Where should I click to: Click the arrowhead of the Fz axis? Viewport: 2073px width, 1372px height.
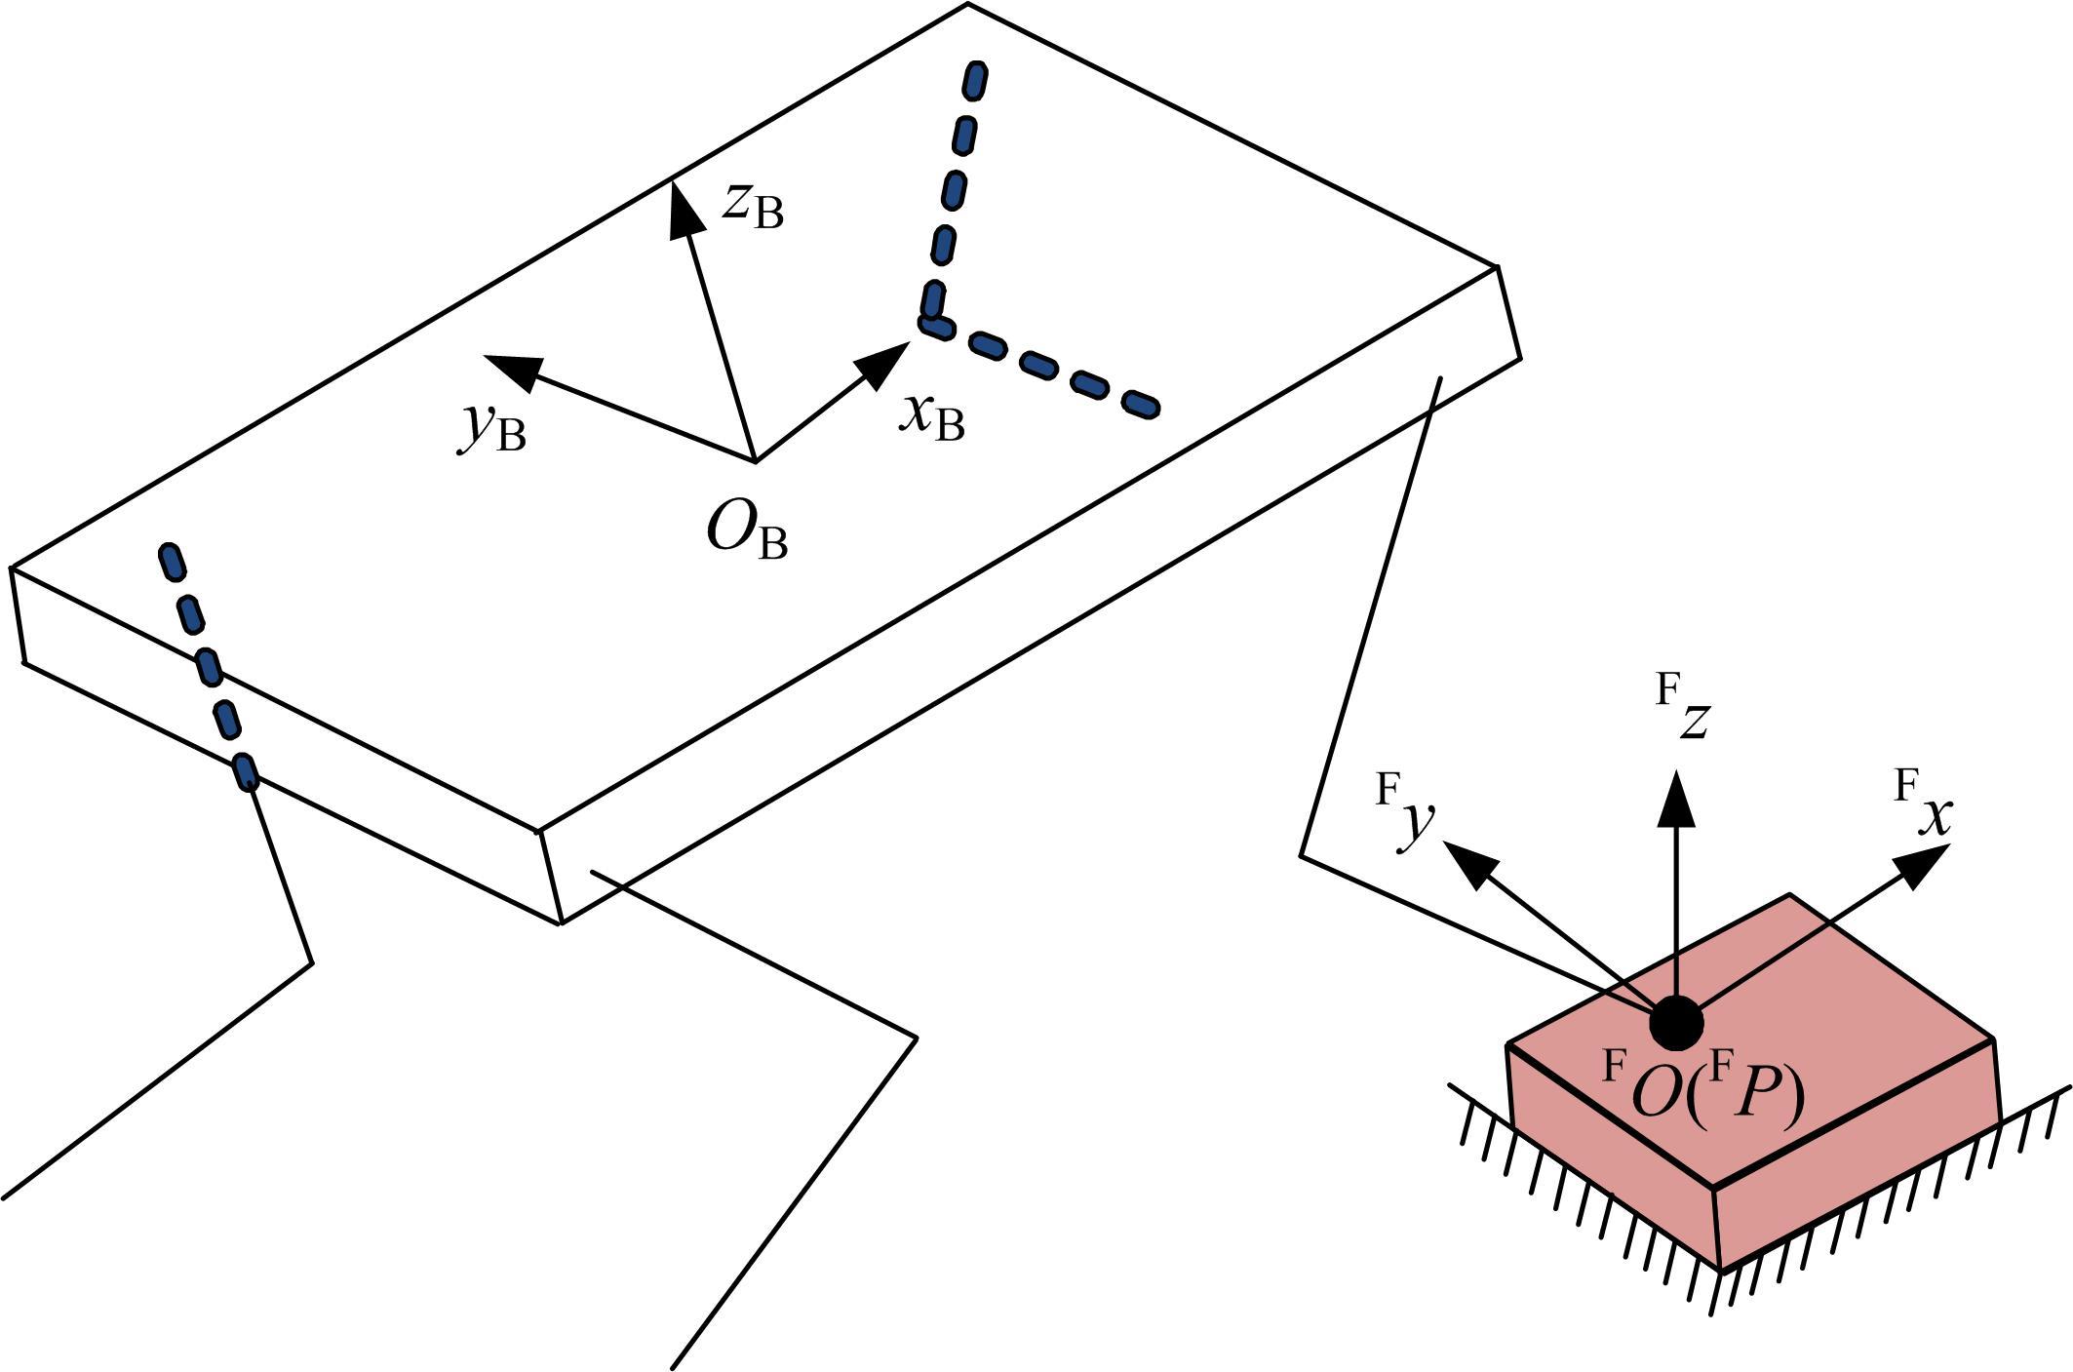(x=1677, y=797)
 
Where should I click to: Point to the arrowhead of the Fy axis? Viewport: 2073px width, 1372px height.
(x=1467, y=863)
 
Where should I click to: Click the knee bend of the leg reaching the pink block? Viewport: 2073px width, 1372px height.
(x=1302, y=856)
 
